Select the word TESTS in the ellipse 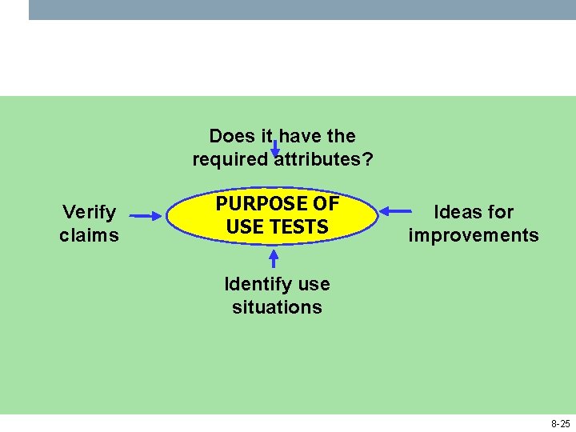tap(300, 227)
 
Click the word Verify tap(90, 212)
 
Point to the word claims tap(90, 235)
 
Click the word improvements tap(474, 235)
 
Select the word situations tap(277, 307)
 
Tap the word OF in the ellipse tap(326, 204)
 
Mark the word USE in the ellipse tap(243, 227)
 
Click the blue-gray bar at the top tap(302, 10)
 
